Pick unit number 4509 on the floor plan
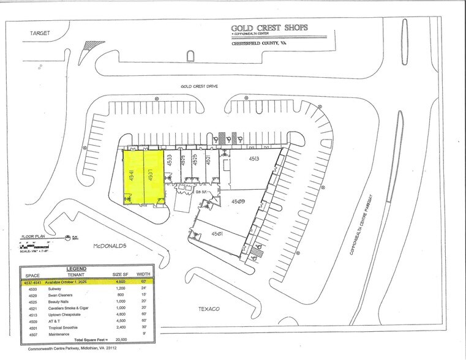point(238,200)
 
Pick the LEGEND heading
point(77,268)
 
